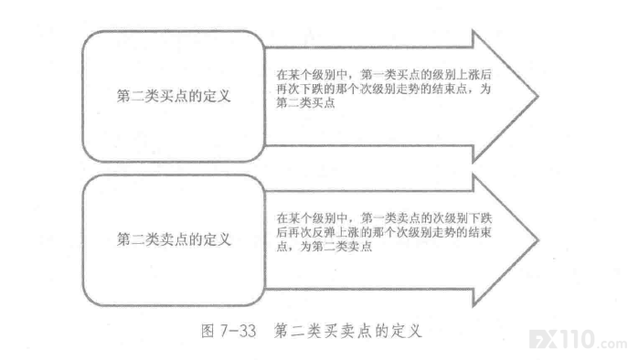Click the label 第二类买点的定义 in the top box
174,96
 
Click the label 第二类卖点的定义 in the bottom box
174,239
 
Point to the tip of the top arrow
538,97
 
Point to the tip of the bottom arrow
538,240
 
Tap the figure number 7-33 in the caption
239,331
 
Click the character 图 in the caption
208,331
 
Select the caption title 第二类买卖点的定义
347,331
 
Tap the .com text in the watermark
612,344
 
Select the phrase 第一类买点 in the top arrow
390,75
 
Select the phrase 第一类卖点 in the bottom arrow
391,218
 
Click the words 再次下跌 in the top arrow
300,89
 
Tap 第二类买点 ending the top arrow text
305,102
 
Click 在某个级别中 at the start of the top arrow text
312,75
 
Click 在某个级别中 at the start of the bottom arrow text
312,218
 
